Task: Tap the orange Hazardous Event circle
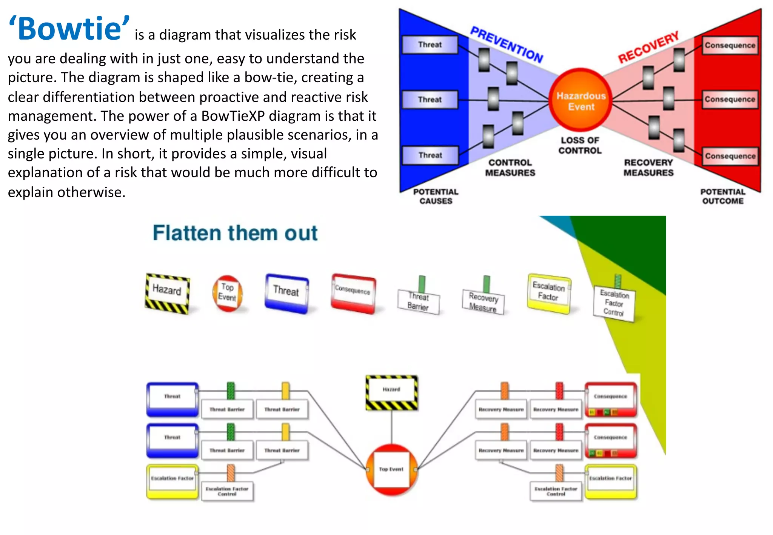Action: click(581, 101)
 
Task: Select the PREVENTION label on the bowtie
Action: click(506, 45)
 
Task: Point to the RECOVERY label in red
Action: click(648, 47)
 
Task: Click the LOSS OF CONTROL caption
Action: click(580, 145)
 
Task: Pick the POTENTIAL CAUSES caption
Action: click(436, 196)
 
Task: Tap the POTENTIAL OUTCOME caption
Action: click(722, 196)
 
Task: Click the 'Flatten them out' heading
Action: click(235, 233)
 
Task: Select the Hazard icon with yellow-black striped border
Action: click(167, 294)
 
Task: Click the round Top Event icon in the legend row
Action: click(227, 293)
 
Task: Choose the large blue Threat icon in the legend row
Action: click(286, 293)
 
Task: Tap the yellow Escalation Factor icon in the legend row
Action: click(549, 293)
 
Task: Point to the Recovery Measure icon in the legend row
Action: click(484, 301)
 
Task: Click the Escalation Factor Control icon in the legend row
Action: click(614, 303)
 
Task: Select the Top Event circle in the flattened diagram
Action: click(391, 469)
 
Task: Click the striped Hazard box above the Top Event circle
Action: click(391, 392)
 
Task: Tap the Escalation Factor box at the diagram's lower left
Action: click(172, 481)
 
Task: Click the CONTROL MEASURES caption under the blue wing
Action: click(510, 168)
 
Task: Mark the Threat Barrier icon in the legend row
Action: click(419, 301)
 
